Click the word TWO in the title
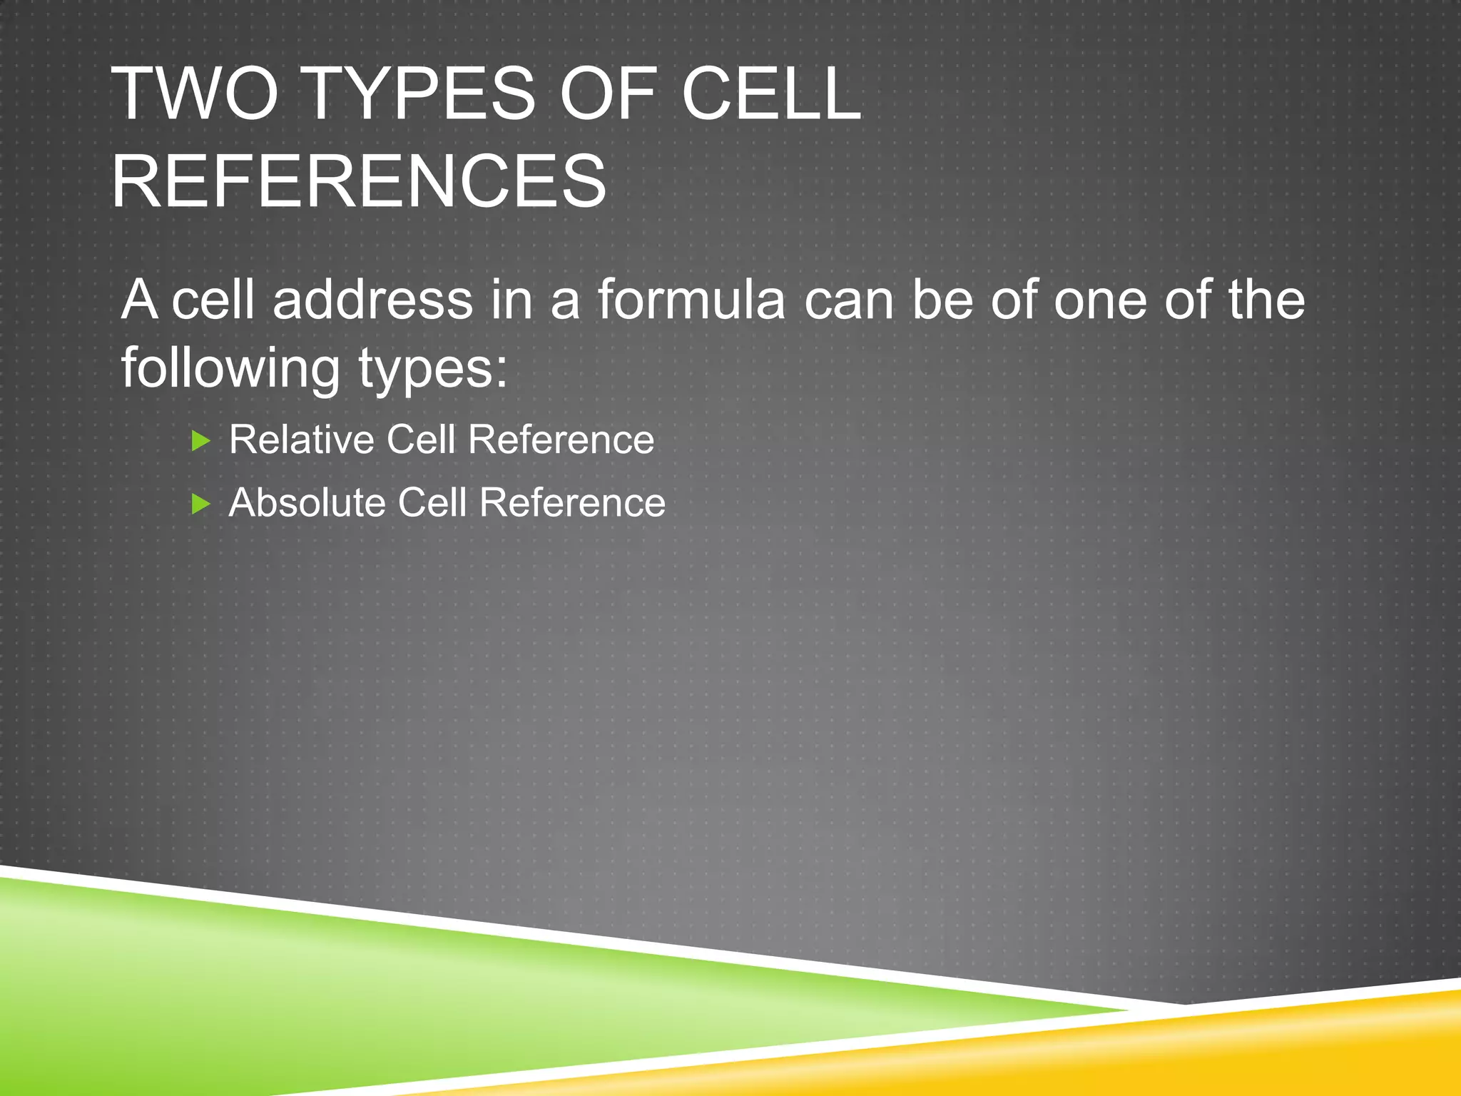point(194,94)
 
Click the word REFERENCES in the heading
point(359,182)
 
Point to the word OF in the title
point(607,94)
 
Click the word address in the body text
point(372,300)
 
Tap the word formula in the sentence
point(691,300)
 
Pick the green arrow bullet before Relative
point(201,441)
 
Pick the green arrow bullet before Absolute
point(201,504)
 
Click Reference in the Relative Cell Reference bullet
point(561,440)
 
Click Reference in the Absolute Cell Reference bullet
point(572,503)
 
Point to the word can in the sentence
point(849,300)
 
